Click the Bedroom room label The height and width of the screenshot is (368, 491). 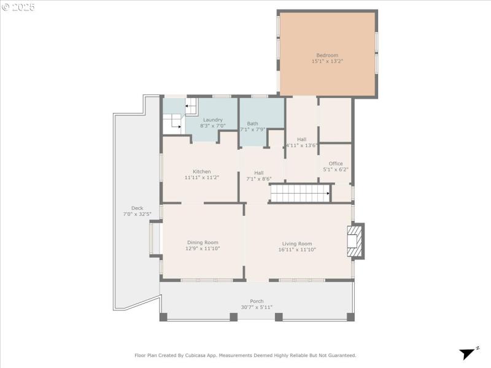pyautogui.click(x=327, y=55)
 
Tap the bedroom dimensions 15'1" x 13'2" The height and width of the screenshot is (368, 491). pyautogui.click(x=327, y=61)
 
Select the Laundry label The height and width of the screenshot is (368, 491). pyautogui.click(x=212, y=120)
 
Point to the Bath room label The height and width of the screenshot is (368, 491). pyautogui.click(x=252, y=123)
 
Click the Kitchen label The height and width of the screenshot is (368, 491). pyautogui.click(x=201, y=171)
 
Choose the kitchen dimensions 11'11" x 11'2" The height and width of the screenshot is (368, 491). pyautogui.click(x=201, y=177)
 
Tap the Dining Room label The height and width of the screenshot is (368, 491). pyautogui.click(x=203, y=242)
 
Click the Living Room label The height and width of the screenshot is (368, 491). pyautogui.click(x=297, y=243)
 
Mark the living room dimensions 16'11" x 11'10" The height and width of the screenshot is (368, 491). pyautogui.click(x=297, y=250)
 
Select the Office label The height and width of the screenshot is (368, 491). pyautogui.click(x=336, y=163)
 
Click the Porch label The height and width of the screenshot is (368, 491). pyautogui.click(x=257, y=301)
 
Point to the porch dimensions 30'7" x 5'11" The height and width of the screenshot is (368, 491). pyautogui.click(x=257, y=307)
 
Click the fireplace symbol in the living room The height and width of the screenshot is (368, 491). pyautogui.click(x=355, y=241)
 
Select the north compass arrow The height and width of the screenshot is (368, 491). pyautogui.click(x=469, y=353)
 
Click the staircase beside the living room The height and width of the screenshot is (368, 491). pyautogui.click(x=300, y=194)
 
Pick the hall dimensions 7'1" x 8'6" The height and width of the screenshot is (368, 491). pyautogui.click(x=258, y=179)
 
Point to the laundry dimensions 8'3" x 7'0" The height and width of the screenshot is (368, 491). pyautogui.click(x=212, y=126)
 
